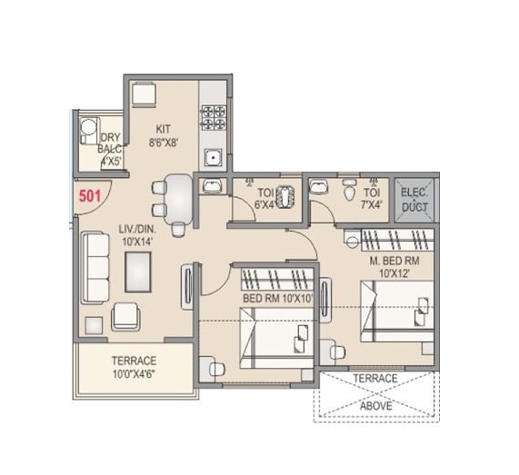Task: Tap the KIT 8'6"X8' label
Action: (x=165, y=135)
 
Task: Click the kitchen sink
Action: (x=213, y=159)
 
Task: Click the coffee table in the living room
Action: (x=138, y=269)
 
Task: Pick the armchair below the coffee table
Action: (x=125, y=315)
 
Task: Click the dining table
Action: (x=180, y=198)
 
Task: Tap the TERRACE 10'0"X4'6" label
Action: (x=134, y=366)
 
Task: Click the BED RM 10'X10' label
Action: (x=276, y=298)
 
